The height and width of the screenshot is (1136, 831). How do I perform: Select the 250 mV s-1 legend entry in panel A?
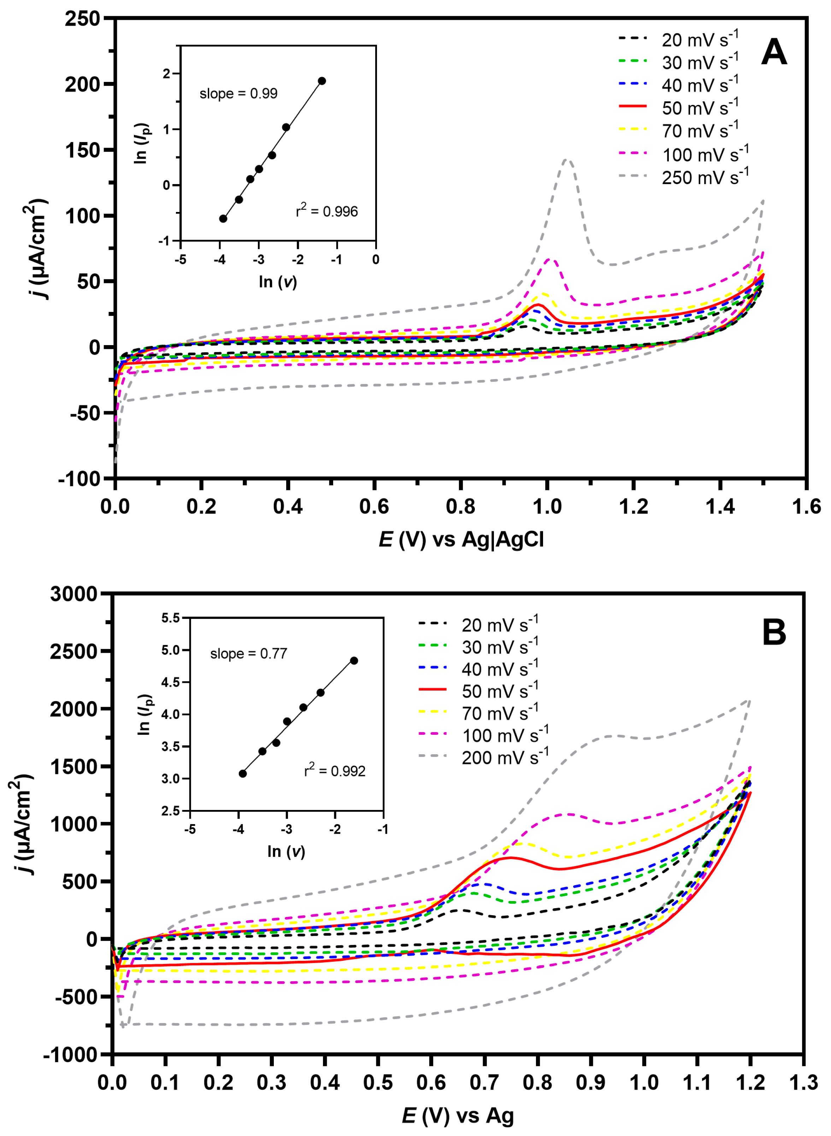coord(704,177)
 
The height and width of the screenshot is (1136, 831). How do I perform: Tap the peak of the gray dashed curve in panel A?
coord(567,160)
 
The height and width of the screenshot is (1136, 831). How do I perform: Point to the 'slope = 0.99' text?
coord(238,94)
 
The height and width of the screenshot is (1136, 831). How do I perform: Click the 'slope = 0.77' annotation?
coord(248,654)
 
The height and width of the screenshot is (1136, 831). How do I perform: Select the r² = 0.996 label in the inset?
coord(326,211)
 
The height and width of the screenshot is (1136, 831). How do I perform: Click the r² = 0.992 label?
coord(335,770)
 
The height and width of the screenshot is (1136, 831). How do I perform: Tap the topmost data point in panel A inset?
coord(322,81)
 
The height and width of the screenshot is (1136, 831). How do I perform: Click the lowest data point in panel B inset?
coord(242,774)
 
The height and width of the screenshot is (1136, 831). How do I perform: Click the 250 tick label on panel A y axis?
coord(82,19)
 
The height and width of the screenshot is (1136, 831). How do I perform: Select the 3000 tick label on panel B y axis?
coord(73,594)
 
